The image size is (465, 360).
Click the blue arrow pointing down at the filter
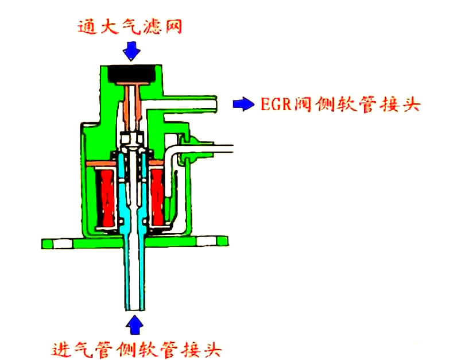131,51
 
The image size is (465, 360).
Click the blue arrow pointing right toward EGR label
243,104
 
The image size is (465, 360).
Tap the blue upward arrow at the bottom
135,325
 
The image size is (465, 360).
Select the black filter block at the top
131,73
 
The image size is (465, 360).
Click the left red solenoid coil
107,199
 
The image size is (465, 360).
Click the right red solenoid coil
157,198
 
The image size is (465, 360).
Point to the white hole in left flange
63,244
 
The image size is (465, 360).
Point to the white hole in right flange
206,241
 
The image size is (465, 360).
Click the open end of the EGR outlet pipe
215,104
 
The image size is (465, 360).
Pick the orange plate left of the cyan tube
101,163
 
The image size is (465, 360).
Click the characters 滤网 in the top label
162,27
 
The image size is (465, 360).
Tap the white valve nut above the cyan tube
132,138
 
